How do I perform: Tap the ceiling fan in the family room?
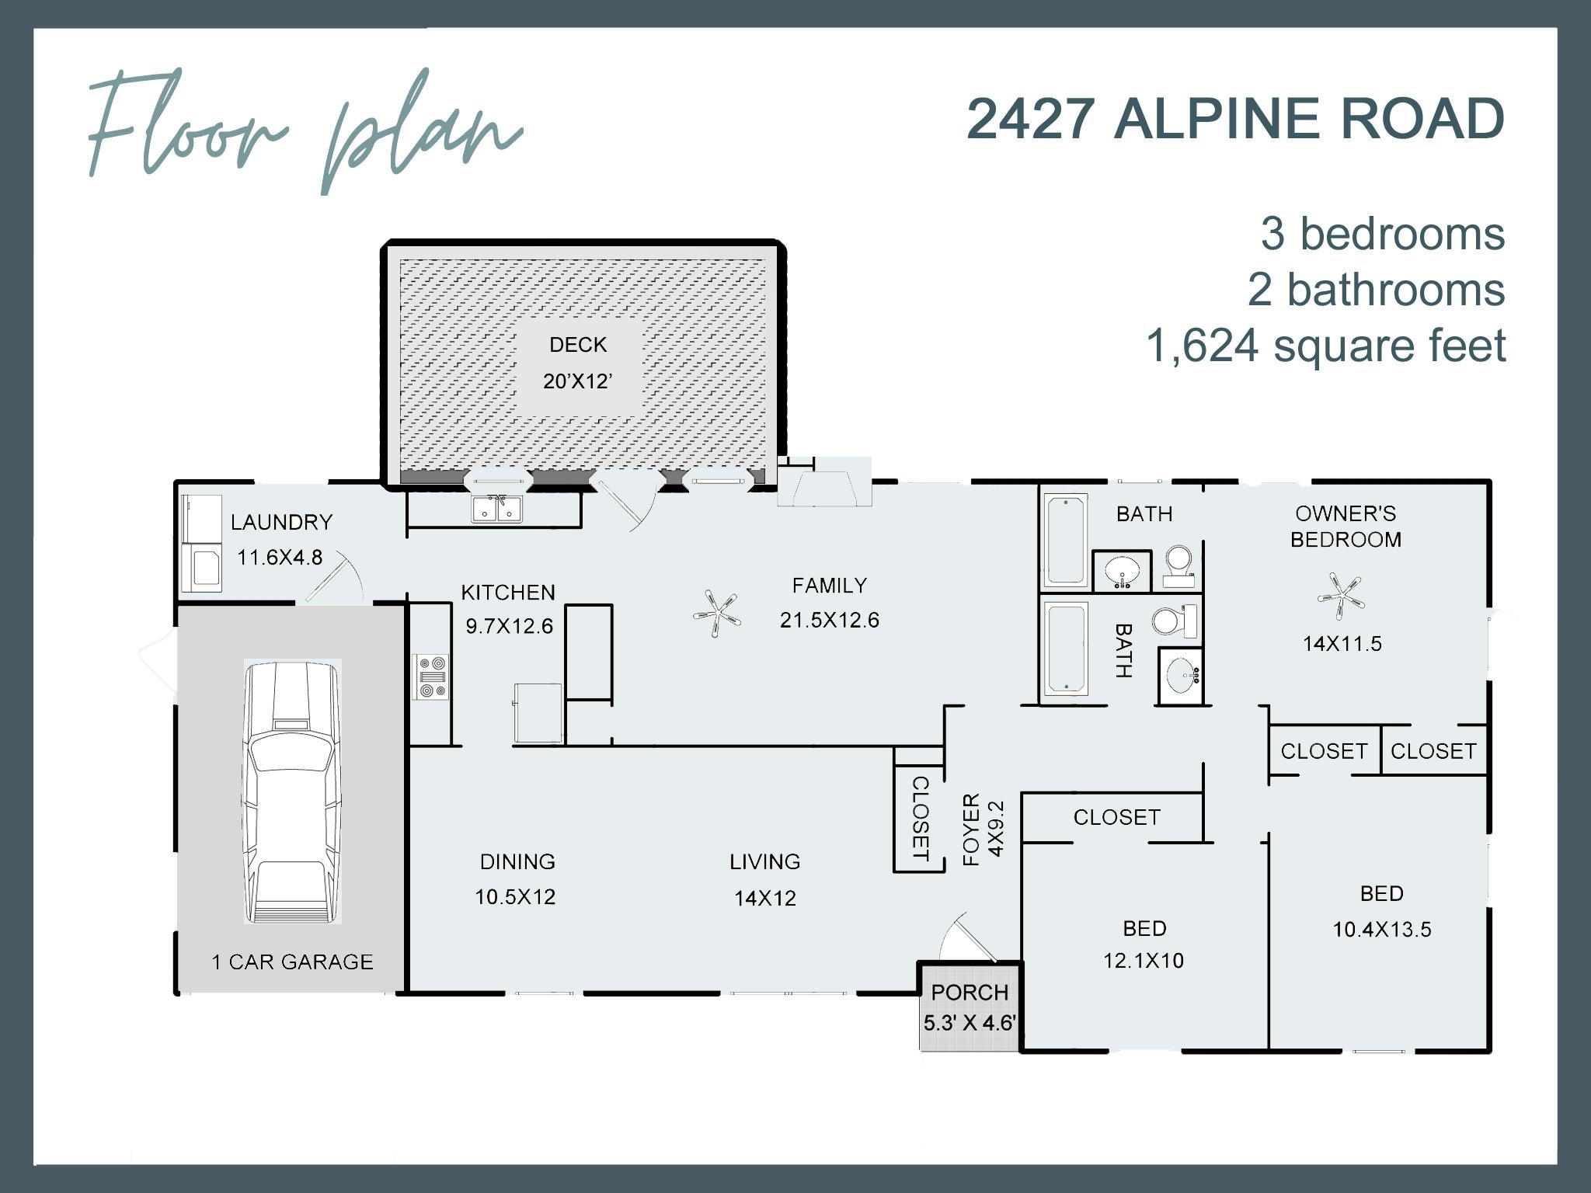click(716, 614)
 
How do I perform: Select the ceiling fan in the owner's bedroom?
click(1342, 596)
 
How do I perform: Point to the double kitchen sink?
click(497, 510)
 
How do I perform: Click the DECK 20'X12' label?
click(578, 363)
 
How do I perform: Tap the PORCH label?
click(969, 992)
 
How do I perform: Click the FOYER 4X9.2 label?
click(983, 830)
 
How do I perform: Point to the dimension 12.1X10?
click(1144, 961)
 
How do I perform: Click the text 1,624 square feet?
click(1325, 346)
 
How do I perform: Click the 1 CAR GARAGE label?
click(292, 962)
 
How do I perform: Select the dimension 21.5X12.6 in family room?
click(829, 620)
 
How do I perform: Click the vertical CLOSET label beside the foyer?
click(919, 819)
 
